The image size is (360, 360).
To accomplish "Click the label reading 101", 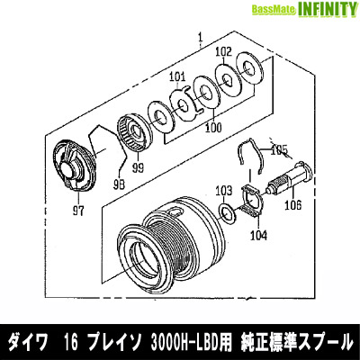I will coord(176,76).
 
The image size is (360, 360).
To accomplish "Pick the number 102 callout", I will coord(224,51).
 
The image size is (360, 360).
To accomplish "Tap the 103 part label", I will coord(222,190).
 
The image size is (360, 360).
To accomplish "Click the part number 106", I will coord(292,205).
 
